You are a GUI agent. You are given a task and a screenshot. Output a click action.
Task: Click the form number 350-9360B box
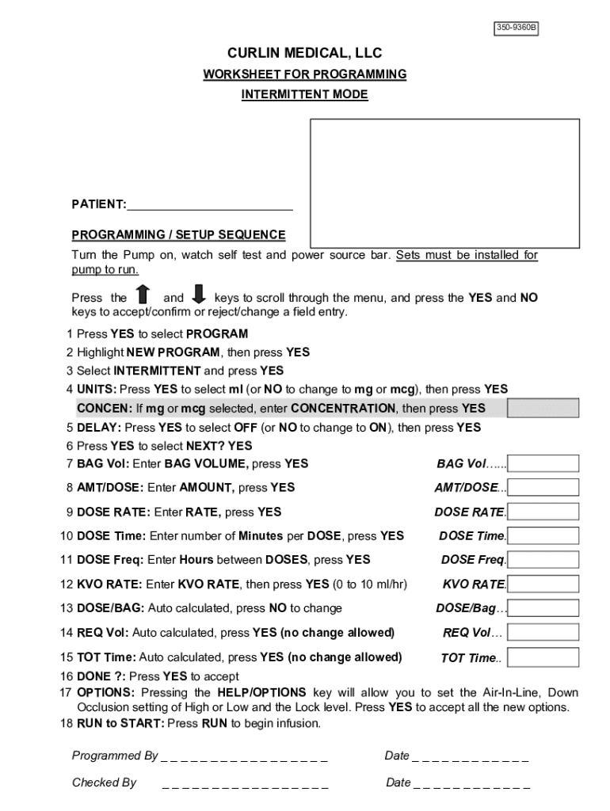click(x=516, y=29)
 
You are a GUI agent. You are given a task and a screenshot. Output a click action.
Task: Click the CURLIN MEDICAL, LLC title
click(x=304, y=53)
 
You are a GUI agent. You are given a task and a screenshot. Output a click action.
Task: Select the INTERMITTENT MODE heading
click(x=304, y=95)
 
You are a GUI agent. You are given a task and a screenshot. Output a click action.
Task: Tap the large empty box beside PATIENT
click(x=444, y=183)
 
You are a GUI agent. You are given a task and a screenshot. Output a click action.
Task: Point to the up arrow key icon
click(x=143, y=295)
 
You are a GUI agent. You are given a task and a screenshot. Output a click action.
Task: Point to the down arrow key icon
click(x=199, y=295)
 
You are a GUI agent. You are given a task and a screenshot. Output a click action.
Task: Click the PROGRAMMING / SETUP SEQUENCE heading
click(x=178, y=235)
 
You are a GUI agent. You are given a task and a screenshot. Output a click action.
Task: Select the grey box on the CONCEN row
click(x=543, y=408)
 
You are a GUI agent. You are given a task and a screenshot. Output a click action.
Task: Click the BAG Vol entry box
click(x=543, y=463)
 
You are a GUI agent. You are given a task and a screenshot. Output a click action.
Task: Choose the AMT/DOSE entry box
click(x=543, y=487)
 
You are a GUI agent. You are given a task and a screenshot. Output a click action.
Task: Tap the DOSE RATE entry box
click(x=543, y=512)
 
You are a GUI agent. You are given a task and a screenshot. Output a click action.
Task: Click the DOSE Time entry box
click(x=543, y=536)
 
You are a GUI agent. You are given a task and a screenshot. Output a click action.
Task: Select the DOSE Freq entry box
click(x=543, y=560)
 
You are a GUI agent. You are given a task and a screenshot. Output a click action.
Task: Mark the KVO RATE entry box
click(x=543, y=584)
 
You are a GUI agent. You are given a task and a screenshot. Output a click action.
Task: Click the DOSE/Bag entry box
click(x=543, y=608)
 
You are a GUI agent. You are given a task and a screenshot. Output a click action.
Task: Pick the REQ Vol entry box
click(x=543, y=633)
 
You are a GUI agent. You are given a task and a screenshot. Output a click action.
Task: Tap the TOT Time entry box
click(x=543, y=657)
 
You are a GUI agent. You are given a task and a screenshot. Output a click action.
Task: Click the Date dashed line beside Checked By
click(x=471, y=785)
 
